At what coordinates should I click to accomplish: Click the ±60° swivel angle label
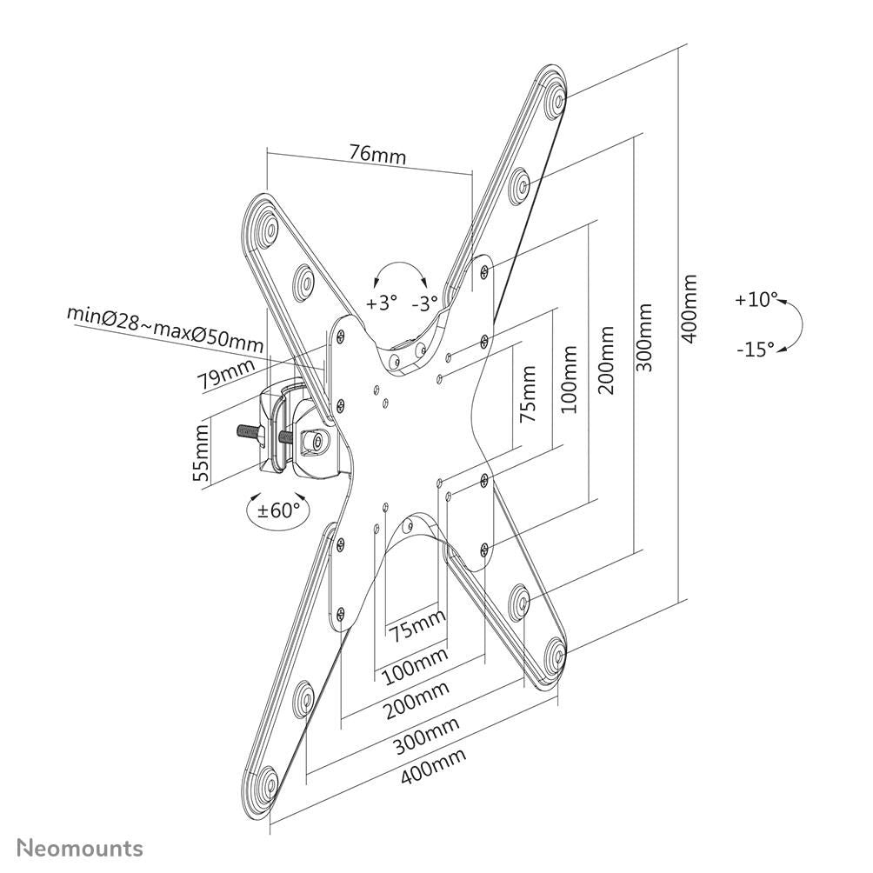[278, 509]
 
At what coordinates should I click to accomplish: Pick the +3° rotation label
[381, 303]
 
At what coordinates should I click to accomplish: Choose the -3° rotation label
[425, 303]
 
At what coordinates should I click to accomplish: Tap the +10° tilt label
[755, 299]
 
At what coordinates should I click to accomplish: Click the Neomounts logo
[80, 848]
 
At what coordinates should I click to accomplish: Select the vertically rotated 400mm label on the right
[690, 309]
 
